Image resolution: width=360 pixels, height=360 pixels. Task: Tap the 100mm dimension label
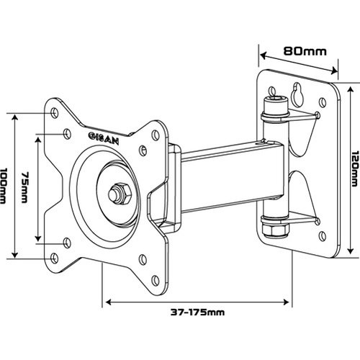click(x=6, y=184)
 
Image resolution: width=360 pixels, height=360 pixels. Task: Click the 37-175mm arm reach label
click(x=197, y=312)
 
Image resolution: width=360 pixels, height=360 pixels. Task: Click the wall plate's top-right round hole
click(x=318, y=114)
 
